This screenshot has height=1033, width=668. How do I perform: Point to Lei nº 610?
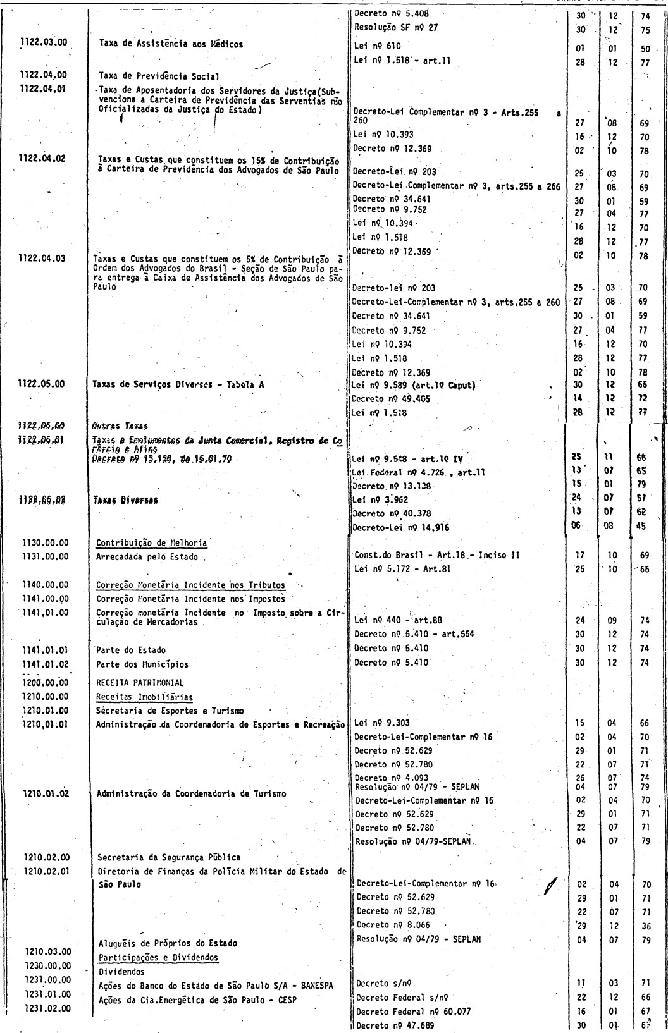[x=378, y=46]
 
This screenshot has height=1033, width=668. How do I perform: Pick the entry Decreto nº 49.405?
[x=389, y=398]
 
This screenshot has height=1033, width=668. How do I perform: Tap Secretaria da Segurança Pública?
[x=169, y=857]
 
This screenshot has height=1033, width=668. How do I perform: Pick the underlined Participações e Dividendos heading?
[x=158, y=957]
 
